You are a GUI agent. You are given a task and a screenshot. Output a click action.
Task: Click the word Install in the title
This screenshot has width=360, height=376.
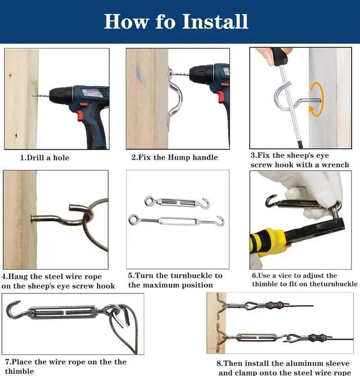(215, 21)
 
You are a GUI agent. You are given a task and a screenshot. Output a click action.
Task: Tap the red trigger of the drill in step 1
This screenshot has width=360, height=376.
(81, 115)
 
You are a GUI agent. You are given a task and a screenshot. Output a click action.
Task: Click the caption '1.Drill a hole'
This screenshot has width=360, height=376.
(45, 157)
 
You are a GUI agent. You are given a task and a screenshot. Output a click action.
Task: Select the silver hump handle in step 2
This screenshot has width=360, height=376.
(174, 99)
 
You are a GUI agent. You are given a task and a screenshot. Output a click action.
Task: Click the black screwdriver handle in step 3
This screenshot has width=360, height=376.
(279, 57)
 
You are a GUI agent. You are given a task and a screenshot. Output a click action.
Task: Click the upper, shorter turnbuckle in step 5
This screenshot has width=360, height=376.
(177, 203)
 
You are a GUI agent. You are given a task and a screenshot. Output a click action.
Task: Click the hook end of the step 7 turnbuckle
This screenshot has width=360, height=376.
(12, 309)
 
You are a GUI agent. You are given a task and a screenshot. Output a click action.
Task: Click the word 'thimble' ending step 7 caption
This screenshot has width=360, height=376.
(19, 371)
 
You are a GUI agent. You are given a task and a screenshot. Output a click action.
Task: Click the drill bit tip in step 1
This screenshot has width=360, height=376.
(33, 96)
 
